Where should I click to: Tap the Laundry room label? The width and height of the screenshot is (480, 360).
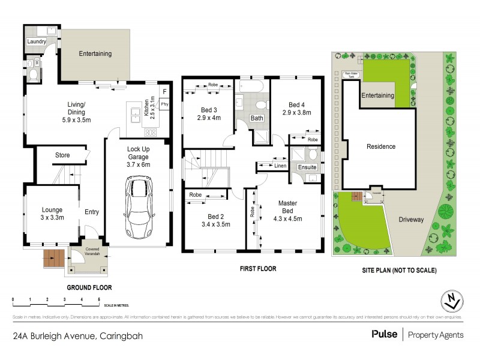point(37,42)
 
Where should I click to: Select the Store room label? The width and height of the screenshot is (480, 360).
point(63,155)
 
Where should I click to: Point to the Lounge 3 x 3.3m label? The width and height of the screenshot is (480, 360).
point(52,214)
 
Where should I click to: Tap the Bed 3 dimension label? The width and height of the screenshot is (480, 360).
point(209,113)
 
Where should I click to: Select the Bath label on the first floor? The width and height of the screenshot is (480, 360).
point(257,118)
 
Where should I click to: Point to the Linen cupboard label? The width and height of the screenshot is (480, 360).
point(280,165)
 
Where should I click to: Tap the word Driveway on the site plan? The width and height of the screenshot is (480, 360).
point(411,220)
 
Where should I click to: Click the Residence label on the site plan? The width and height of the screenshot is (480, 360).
point(381,146)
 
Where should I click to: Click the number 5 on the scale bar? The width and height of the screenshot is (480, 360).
point(98,298)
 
